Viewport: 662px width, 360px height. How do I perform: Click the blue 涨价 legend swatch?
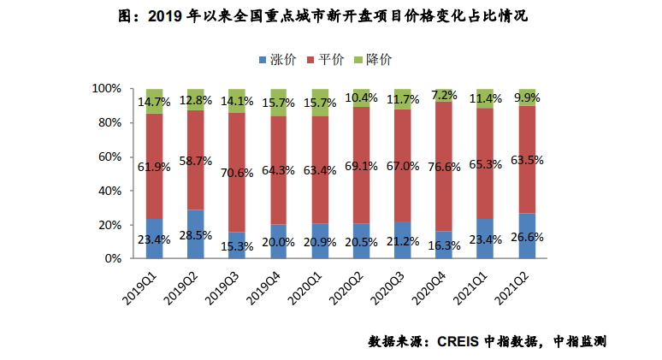[x=262, y=60]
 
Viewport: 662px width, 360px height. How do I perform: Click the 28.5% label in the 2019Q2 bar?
[x=196, y=234]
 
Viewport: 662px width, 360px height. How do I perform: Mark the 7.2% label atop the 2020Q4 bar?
[x=444, y=95]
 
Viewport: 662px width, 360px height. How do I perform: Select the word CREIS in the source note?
[x=458, y=341]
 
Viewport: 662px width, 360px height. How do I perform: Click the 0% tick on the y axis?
[x=114, y=258]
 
